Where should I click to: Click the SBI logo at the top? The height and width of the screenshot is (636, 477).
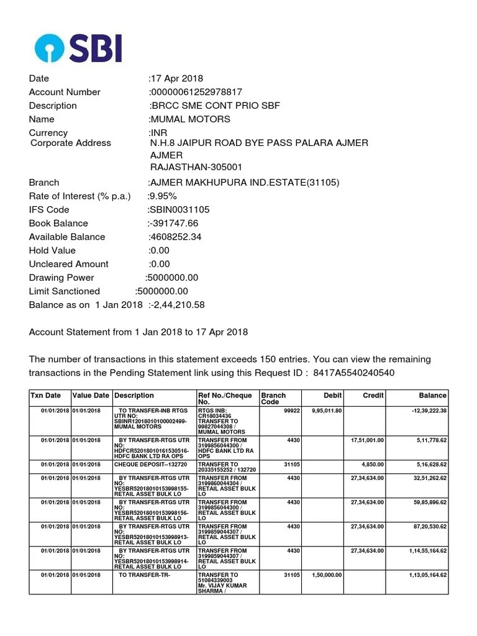tap(78, 48)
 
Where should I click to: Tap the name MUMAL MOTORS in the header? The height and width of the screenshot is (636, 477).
tap(189, 119)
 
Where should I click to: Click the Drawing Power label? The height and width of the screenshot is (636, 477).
tap(61, 278)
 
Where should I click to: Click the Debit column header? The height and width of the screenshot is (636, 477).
tap(333, 396)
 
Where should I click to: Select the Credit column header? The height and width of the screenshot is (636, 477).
tap(373, 396)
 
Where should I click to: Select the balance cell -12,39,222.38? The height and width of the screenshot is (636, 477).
tap(425, 411)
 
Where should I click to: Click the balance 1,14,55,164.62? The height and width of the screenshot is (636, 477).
tap(421, 551)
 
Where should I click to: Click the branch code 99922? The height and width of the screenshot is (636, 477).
tap(292, 411)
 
